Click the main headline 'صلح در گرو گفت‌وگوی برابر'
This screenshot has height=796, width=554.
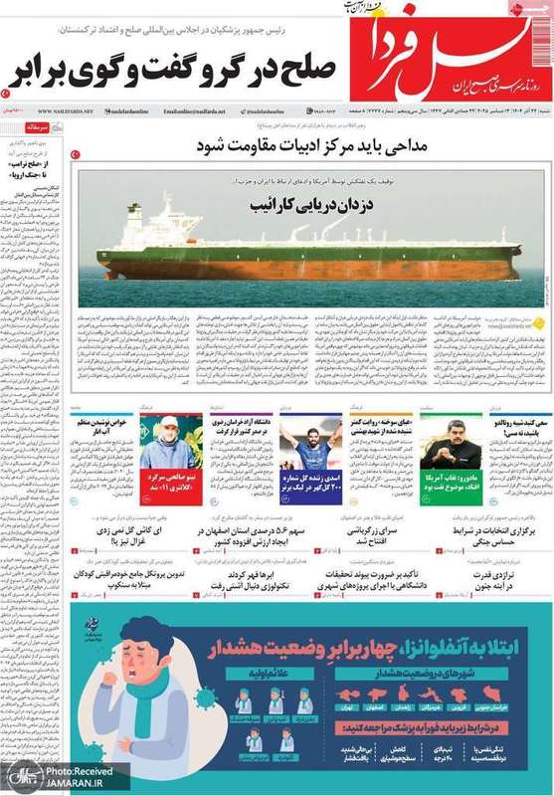coord(174,71)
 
